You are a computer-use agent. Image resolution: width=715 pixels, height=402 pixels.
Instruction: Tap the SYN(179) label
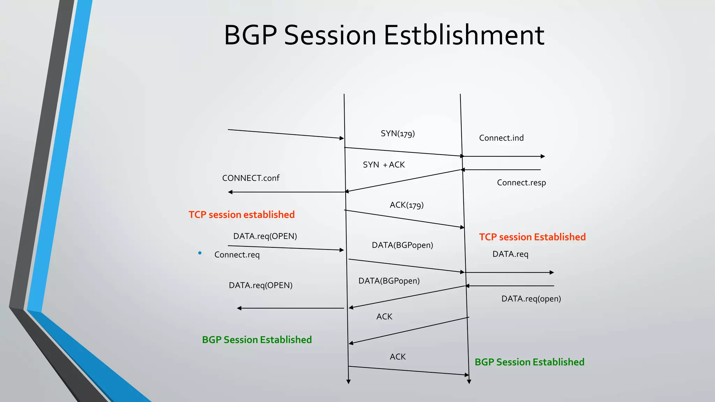[x=398, y=134]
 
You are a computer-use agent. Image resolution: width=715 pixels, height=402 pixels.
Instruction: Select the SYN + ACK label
[x=384, y=165]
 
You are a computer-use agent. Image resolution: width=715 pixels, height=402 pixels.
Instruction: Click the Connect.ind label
[x=501, y=138]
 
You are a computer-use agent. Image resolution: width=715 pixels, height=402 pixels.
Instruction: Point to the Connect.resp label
[x=521, y=183]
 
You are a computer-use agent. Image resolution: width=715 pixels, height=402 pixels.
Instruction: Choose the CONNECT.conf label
[x=251, y=178]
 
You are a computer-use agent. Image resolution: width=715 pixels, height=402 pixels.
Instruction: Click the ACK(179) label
[x=406, y=205]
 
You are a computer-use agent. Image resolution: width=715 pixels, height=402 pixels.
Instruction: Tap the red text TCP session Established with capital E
[x=532, y=237]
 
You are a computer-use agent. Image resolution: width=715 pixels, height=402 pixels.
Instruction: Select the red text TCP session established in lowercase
[x=242, y=215]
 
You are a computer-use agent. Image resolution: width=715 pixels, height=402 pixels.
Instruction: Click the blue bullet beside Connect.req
[x=200, y=253]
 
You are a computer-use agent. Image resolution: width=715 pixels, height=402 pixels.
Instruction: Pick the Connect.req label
[x=237, y=255]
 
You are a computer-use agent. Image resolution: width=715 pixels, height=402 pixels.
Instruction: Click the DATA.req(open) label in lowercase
[x=531, y=299]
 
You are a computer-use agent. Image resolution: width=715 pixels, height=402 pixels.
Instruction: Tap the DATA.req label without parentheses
[x=510, y=254]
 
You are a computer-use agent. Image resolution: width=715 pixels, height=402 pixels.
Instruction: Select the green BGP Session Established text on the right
[x=529, y=362]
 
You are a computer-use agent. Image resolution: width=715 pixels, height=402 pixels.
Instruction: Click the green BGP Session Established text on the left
[x=257, y=340]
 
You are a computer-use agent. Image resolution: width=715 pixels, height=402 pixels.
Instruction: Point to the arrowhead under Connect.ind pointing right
[x=543, y=156]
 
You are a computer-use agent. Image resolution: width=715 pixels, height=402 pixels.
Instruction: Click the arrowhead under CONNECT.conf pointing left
[x=230, y=192]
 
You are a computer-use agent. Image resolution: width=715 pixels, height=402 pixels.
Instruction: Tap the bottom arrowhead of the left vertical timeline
[x=348, y=382]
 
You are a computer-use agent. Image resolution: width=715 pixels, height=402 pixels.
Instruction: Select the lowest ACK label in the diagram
[x=398, y=357]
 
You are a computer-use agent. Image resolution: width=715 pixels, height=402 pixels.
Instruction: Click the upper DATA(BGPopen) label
[x=402, y=245]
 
